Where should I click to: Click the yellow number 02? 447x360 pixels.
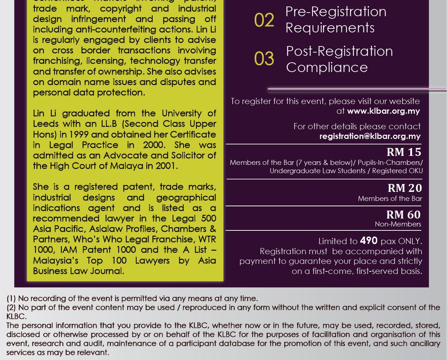264,20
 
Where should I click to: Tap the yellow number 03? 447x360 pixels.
264,59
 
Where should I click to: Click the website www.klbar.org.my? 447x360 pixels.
383,111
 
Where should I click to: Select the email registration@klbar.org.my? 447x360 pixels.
370,136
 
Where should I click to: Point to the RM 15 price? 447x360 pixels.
404,152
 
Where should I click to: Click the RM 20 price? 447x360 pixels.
404,188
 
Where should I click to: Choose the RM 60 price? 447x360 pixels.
403,215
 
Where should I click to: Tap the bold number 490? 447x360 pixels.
368,240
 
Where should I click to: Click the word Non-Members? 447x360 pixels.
398,224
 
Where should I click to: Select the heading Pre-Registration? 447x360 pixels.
336,12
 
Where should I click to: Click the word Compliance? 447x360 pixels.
327,67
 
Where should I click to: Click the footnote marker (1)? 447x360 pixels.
11,298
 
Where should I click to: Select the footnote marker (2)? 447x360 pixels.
11,307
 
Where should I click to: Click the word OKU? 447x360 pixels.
415,171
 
